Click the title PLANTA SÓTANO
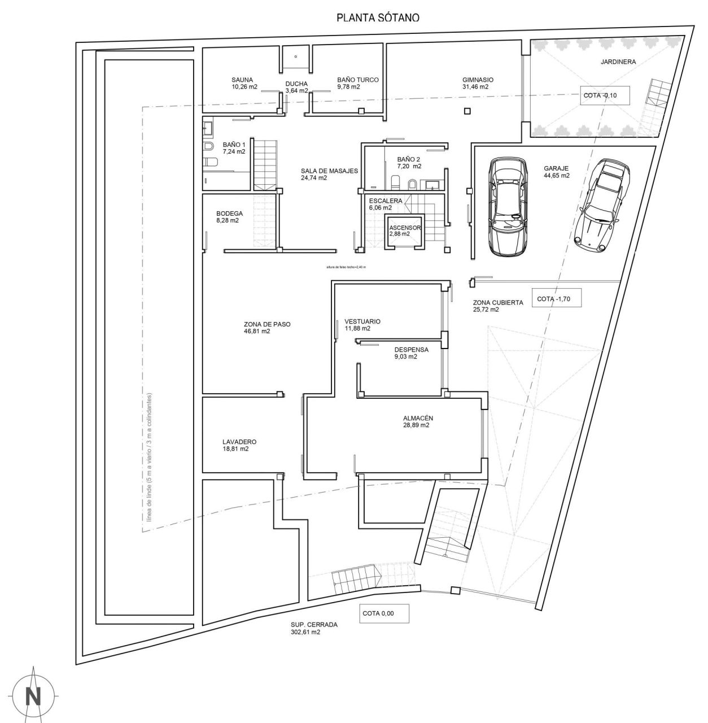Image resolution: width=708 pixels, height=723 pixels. click(x=378, y=18)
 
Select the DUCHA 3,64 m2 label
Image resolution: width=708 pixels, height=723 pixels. click(x=296, y=87)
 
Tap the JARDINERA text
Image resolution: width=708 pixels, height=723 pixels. click(x=618, y=62)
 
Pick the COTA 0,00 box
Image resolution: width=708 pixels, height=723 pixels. click(x=384, y=614)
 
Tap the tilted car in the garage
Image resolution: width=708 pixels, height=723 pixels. click(x=602, y=204)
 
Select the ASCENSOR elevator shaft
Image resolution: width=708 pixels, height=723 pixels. click(x=404, y=232)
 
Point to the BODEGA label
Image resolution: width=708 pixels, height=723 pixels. click(x=229, y=217)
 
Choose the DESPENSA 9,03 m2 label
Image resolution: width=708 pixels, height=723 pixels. click(x=411, y=353)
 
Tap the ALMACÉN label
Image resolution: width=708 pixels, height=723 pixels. click(x=418, y=421)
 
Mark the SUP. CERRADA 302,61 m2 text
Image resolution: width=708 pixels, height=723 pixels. click(x=314, y=629)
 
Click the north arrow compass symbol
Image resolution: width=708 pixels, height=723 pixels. click(x=34, y=695)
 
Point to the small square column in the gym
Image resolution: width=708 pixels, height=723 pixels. click(x=467, y=111)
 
